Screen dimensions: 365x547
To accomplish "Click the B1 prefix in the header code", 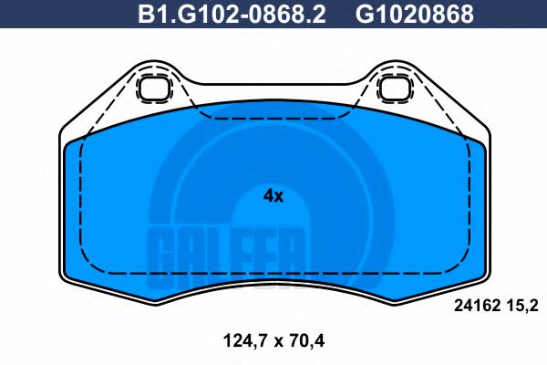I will point(151,15).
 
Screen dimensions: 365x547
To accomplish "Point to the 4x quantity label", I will point(273,196).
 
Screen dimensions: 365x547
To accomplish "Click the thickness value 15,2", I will point(527,308).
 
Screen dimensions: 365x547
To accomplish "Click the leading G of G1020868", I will point(365,15).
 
